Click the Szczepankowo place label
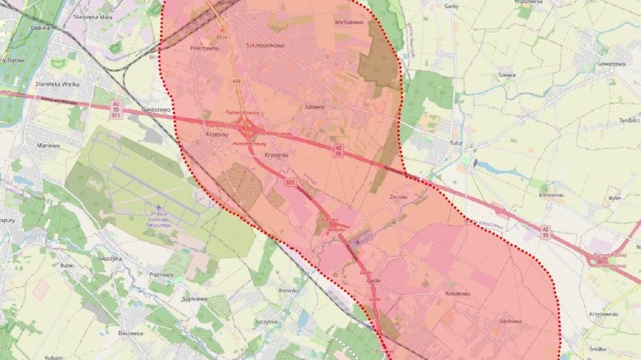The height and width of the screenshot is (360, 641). (x=266, y=46)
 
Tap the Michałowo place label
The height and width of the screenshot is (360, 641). (x=348, y=22)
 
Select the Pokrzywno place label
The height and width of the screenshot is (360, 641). (x=205, y=48)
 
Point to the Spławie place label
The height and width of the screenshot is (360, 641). (x=314, y=107)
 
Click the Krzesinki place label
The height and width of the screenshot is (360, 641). (x=277, y=155)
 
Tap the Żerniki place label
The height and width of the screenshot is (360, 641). (x=398, y=197)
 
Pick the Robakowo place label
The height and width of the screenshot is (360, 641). (x=458, y=294)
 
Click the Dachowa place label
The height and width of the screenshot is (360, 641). (x=510, y=321)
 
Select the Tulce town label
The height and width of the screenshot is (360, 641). (x=457, y=143)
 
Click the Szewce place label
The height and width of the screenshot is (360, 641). (x=507, y=75)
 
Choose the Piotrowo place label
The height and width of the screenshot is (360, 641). (x=161, y=274)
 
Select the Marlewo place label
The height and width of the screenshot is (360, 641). (x=49, y=145)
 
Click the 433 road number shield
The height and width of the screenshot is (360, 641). (x=237, y=81)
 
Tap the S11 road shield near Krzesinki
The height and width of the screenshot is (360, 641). (x=290, y=182)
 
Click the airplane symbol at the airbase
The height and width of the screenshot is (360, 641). (x=158, y=207)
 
